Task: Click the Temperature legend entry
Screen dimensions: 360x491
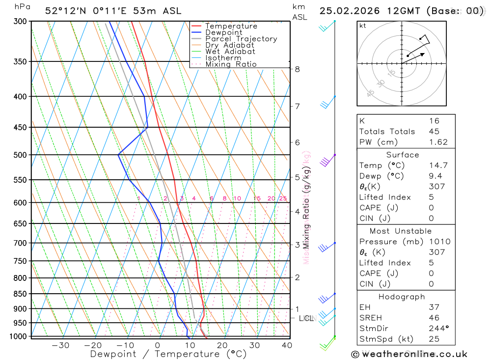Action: coord(231,26)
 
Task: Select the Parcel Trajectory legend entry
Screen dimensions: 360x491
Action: coord(241,39)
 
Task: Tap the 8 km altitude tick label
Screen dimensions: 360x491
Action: coord(297,69)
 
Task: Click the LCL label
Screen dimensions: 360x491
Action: coord(306,318)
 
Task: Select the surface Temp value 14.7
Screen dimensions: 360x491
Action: coord(438,166)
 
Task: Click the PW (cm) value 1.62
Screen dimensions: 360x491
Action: coord(438,142)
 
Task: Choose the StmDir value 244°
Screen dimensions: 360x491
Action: coord(438,329)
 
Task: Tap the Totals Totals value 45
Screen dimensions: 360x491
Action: coord(434,131)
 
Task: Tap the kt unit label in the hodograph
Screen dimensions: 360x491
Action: coord(363,26)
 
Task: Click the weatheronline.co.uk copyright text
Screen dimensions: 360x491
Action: coord(409,354)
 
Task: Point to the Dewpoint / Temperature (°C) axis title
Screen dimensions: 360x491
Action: coord(168,354)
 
